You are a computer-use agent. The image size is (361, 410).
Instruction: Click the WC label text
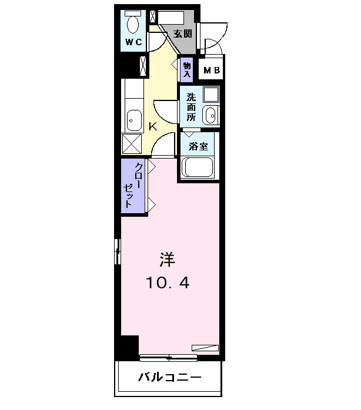point(133,42)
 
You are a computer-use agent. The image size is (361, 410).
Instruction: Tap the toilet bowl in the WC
point(133,24)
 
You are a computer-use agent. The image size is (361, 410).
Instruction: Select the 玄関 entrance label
point(182,33)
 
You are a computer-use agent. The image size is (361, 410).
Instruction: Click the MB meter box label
point(212,71)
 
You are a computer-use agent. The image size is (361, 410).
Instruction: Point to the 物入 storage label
point(187,70)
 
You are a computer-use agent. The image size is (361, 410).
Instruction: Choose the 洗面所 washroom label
point(192,106)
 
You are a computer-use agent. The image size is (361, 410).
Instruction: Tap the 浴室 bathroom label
point(199,145)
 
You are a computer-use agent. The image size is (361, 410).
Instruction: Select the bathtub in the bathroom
point(199,166)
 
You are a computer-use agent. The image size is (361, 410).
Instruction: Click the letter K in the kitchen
point(152,126)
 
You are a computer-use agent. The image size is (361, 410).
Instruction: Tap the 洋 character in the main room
point(168,259)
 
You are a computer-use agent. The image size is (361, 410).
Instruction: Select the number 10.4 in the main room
point(168,283)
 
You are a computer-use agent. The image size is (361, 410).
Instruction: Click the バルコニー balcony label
point(170,377)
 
